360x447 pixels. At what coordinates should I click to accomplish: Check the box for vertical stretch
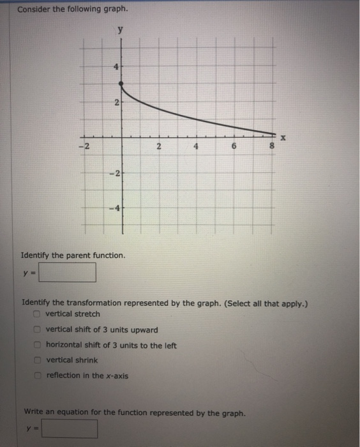(x=38, y=314)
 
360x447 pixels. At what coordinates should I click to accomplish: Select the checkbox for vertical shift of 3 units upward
(x=38, y=330)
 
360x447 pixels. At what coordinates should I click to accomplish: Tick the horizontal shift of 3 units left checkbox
(x=38, y=345)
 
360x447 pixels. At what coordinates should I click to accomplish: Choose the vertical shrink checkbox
(x=38, y=360)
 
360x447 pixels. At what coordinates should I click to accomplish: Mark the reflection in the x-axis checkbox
(x=38, y=375)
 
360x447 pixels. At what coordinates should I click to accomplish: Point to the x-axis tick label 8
(x=273, y=146)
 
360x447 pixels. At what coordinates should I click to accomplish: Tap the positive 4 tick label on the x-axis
(x=198, y=146)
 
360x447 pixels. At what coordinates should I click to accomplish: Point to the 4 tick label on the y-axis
(x=116, y=65)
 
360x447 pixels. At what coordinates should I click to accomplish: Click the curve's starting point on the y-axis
(x=123, y=84)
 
